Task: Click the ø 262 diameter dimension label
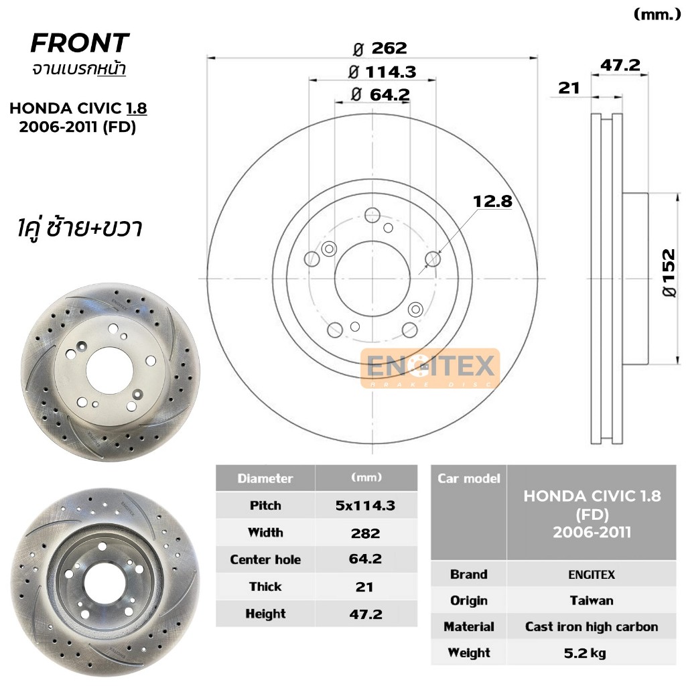[380, 48]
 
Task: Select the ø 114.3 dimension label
[383, 72]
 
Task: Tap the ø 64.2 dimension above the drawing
[381, 94]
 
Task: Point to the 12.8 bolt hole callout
[492, 201]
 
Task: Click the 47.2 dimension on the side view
[620, 65]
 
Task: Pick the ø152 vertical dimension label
[669, 273]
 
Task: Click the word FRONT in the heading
[80, 43]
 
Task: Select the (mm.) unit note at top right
[657, 15]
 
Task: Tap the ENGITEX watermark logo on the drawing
[430, 368]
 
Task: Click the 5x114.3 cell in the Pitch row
[365, 505]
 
